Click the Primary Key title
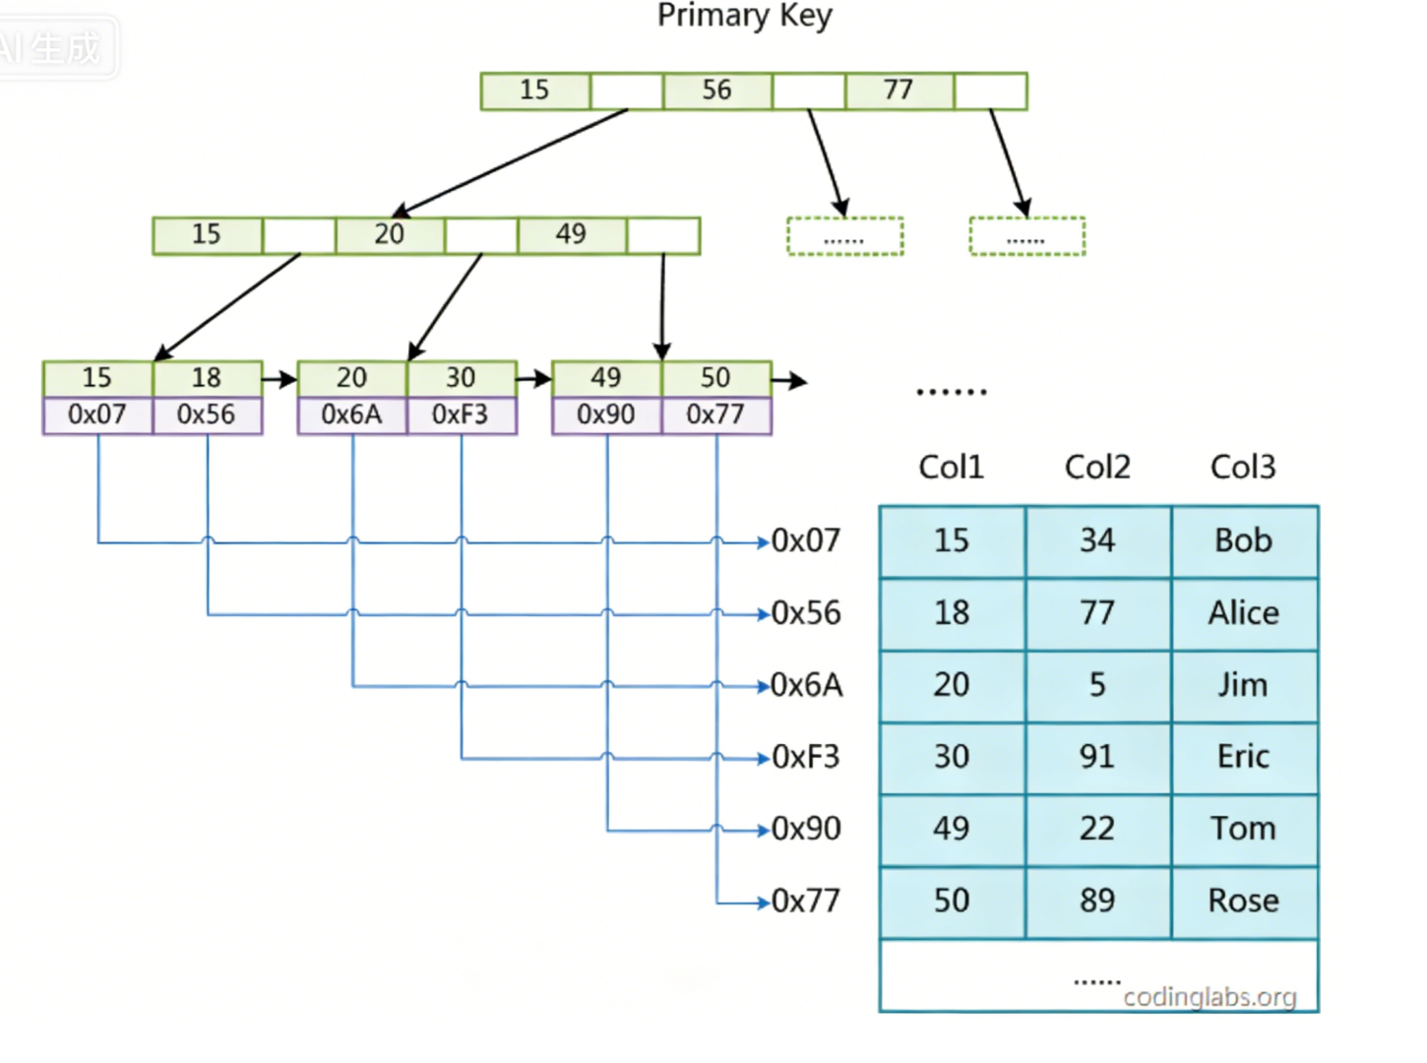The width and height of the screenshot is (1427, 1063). point(744,16)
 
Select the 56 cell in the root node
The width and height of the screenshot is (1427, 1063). point(717,91)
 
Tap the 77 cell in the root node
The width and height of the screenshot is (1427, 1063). point(900,91)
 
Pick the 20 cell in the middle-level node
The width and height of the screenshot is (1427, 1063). point(390,235)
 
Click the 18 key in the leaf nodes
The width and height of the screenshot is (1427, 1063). point(208,378)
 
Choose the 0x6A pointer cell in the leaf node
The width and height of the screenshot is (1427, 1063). point(352,415)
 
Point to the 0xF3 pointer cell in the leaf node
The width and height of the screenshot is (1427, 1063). point(461,415)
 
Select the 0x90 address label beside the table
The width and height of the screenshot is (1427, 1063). point(806,829)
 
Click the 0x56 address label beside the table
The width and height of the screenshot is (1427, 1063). point(806,613)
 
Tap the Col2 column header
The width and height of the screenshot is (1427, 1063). point(1097,468)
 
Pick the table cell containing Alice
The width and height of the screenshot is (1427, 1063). point(1244,613)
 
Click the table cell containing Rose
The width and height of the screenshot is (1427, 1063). point(1244,902)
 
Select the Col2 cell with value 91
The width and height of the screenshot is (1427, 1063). point(1098,757)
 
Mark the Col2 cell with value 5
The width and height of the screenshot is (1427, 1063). point(1098,685)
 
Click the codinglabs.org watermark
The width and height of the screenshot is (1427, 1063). point(1210,997)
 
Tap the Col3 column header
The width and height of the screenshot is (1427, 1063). point(1243,468)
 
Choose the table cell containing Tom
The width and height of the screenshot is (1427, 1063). point(1244,830)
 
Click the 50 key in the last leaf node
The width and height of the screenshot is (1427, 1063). point(716,378)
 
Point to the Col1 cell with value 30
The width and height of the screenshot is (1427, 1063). point(953,757)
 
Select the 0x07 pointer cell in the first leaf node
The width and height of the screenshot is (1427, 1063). point(97,415)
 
